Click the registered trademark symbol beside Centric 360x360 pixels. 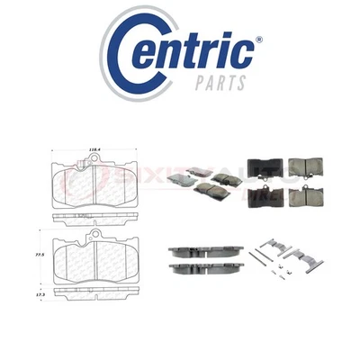259,40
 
